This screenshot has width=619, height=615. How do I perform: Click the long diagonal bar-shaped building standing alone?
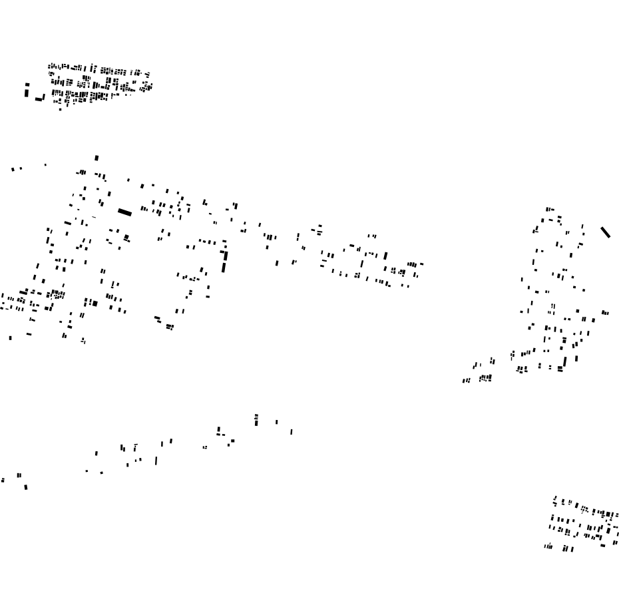coord(605,232)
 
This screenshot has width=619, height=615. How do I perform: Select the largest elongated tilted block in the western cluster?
coord(124,212)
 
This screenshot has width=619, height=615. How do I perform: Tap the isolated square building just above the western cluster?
coord(97,158)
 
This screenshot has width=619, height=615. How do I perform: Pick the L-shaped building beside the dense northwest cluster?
coord(40,99)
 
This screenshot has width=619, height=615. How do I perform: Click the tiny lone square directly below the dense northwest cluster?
coord(61,109)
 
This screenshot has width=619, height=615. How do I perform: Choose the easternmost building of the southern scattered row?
coord(291,431)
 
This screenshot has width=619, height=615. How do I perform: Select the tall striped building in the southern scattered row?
coord(256,420)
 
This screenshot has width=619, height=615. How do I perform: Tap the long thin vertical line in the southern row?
coord(156,460)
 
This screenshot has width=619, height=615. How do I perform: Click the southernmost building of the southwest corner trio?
coord(26,487)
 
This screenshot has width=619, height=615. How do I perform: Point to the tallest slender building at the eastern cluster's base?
coord(565,361)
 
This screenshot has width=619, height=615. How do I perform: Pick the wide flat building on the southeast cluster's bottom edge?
coord(603,546)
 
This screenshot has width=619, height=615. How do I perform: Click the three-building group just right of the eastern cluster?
coord(605,312)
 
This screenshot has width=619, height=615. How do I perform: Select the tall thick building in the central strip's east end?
coord(385,256)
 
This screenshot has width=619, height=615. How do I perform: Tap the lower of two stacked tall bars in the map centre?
coord(224,267)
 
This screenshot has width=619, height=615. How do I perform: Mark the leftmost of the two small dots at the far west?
coord(13,170)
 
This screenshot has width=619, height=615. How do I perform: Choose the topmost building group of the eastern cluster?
coord(549,209)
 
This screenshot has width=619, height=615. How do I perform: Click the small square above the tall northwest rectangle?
coord(27,85)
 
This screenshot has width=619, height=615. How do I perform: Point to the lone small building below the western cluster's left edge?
coord(10,338)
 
